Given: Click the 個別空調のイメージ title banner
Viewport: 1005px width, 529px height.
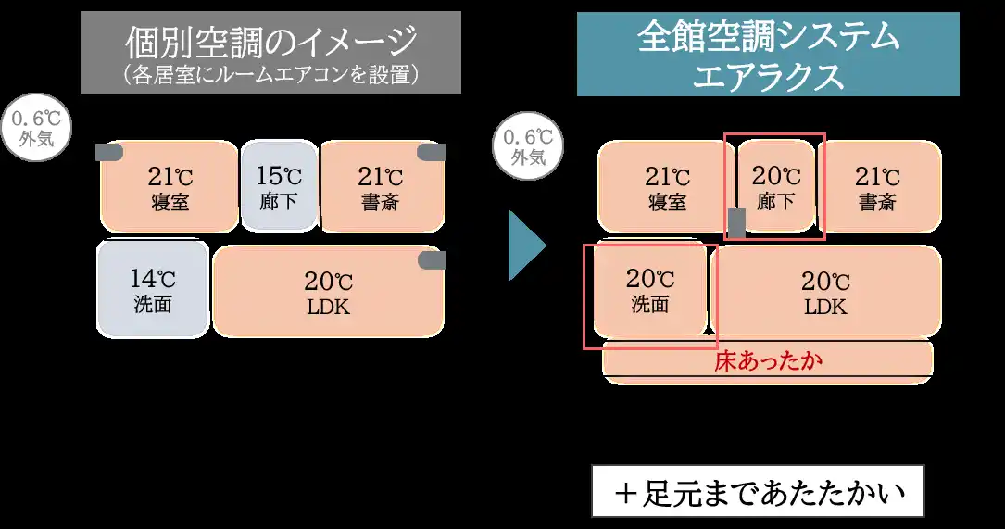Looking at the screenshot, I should pyautogui.click(x=270, y=52).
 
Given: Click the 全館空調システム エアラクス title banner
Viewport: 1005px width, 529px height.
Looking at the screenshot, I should pyautogui.click(x=768, y=54).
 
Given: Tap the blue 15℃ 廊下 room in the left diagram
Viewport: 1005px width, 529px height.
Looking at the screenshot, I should pyautogui.click(x=279, y=185).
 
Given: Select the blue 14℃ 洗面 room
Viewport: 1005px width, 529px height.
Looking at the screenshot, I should pyautogui.click(x=152, y=288).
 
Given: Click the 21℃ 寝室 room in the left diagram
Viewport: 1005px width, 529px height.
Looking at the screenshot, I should pyautogui.click(x=169, y=185).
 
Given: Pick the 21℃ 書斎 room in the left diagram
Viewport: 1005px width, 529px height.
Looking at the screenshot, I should pyautogui.click(x=380, y=185).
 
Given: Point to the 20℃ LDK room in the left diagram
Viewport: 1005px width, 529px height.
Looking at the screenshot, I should pyautogui.click(x=328, y=291).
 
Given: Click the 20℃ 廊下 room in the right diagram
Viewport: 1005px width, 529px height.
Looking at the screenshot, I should pyautogui.click(x=775, y=185).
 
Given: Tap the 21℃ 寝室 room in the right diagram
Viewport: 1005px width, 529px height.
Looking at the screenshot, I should pyautogui.click(x=666, y=185).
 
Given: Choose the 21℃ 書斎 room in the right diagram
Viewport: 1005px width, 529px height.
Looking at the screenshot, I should pyautogui.click(x=877, y=185).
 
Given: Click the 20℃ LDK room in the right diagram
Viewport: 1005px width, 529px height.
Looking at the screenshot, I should pyautogui.click(x=824, y=291).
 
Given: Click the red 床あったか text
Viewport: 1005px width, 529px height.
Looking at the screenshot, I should pyautogui.click(x=768, y=361).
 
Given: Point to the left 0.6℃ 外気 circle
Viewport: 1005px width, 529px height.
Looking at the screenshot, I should pyautogui.click(x=36, y=129).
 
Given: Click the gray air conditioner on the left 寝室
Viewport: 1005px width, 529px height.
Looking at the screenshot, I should pyautogui.click(x=109, y=153).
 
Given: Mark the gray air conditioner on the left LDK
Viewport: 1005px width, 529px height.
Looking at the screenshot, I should pyautogui.click(x=432, y=261).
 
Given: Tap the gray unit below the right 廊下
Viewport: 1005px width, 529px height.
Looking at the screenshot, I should pyautogui.click(x=737, y=222).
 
